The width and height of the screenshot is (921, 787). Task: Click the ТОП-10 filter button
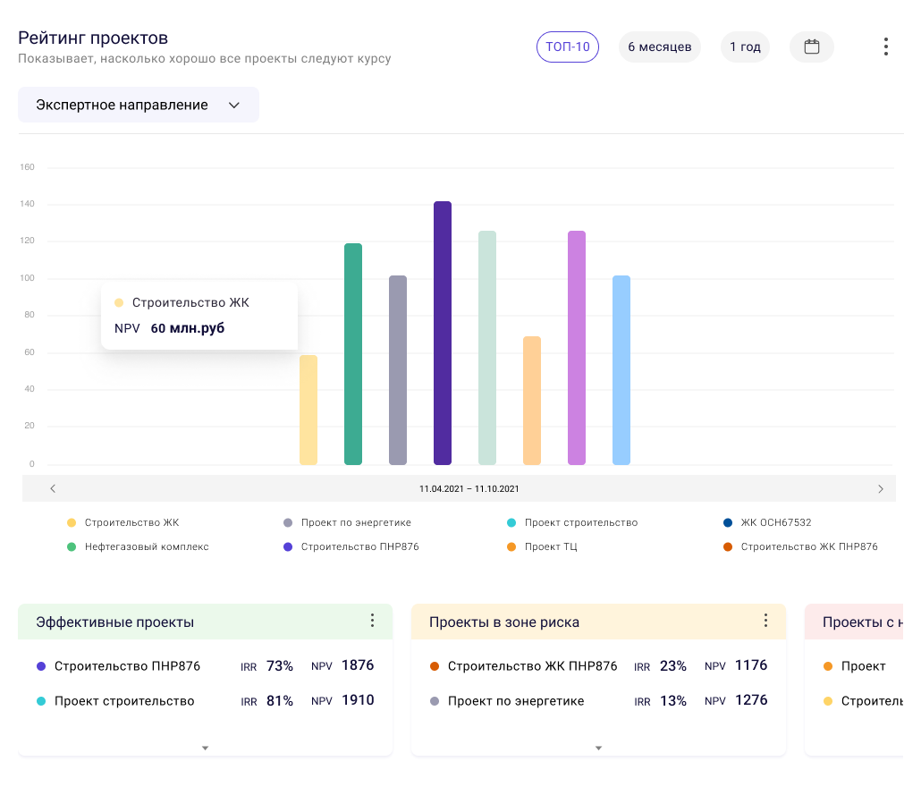click(568, 47)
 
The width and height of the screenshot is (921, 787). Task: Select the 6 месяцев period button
click(659, 47)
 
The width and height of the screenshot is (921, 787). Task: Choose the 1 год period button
click(745, 47)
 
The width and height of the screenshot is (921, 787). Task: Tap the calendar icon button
click(812, 47)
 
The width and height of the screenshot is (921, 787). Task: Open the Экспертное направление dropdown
click(139, 105)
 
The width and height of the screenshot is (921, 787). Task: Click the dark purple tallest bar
click(443, 333)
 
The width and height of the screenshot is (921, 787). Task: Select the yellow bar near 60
click(308, 410)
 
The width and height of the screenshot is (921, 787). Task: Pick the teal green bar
click(353, 353)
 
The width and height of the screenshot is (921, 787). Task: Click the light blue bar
click(621, 369)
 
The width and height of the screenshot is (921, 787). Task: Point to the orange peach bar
click(532, 400)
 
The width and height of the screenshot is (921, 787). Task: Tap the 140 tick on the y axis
click(27, 205)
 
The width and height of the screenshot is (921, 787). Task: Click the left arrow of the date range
click(53, 489)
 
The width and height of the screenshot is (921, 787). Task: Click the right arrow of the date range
click(881, 489)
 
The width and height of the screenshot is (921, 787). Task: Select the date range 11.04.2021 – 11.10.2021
click(469, 489)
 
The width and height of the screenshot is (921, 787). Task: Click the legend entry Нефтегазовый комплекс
click(147, 546)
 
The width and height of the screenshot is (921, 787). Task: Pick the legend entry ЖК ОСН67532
click(776, 522)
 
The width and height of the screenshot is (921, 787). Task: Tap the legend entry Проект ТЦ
click(551, 546)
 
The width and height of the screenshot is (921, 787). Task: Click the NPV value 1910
click(358, 700)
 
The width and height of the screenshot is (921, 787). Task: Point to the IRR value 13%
click(673, 700)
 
